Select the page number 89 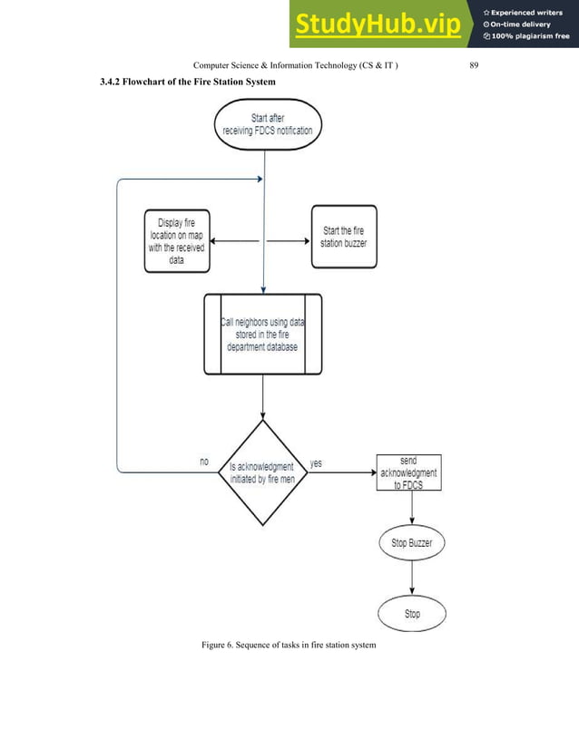click(x=474, y=64)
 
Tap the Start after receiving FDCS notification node click(x=267, y=124)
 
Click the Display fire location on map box click(x=176, y=240)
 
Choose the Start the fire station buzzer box click(x=343, y=238)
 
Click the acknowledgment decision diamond click(x=261, y=472)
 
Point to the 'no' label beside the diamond click(x=204, y=462)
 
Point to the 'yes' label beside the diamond click(x=316, y=462)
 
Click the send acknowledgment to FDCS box click(x=408, y=472)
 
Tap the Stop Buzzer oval click(x=411, y=544)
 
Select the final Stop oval click(x=412, y=614)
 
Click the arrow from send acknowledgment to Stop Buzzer click(x=412, y=509)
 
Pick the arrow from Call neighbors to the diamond click(x=262, y=396)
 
